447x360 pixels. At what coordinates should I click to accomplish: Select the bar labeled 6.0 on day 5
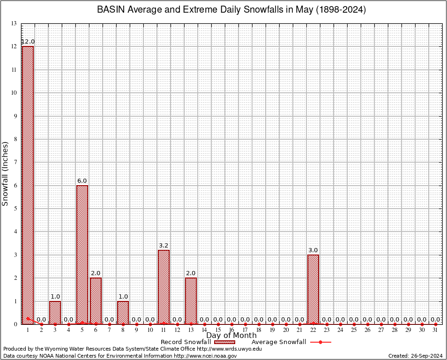point(82,253)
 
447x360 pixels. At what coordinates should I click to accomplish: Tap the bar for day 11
point(164,286)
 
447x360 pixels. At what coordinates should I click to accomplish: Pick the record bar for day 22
point(313,288)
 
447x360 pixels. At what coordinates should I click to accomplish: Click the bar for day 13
point(191,300)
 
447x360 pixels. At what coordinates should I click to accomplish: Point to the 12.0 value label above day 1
point(28,42)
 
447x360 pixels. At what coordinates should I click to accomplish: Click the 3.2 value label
point(164,245)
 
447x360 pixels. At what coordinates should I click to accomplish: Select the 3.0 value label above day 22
point(313,250)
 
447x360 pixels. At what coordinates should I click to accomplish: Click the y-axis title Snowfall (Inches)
point(6,173)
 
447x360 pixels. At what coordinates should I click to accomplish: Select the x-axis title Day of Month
point(231,336)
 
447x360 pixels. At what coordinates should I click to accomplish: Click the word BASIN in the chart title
point(111,10)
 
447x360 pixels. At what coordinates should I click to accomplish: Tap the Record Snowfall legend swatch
point(222,342)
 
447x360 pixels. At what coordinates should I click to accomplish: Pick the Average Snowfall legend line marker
point(320,342)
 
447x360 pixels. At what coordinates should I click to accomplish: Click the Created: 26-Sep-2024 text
point(415,356)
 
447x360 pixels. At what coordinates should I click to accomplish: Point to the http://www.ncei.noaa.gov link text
point(205,356)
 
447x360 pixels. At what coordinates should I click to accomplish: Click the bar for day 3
point(55,312)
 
